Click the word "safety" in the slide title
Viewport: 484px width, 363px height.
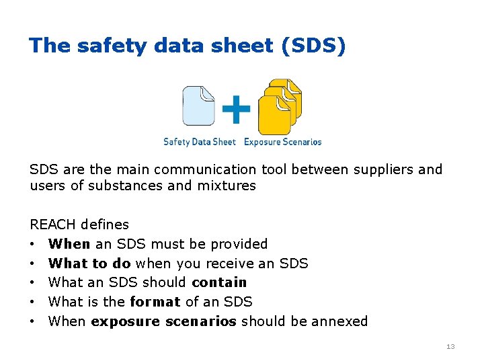[x=99, y=46]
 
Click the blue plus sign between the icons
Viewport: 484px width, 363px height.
[x=236, y=109]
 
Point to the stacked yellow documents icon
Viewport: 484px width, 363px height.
[x=280, y=106]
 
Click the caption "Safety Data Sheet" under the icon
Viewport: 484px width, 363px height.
[x=200, y=142]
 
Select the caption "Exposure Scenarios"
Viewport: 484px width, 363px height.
[x=282, y=142]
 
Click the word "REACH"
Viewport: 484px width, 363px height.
[x=52, y=225]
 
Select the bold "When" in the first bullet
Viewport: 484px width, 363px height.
[x=69, y=243]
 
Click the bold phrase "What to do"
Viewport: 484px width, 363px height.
[x=89, y=263]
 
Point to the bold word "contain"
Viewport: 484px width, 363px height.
[x=219, y=282]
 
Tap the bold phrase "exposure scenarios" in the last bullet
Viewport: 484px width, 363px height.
[x=163, y=321]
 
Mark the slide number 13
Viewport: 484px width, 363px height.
[x=450, y=346]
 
